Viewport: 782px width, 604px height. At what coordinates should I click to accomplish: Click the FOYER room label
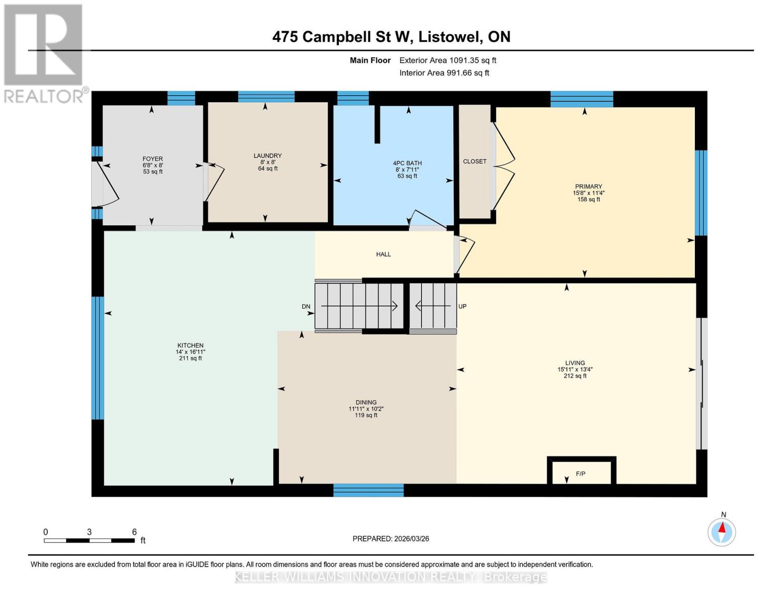pyautogui.click(x=153, y=159)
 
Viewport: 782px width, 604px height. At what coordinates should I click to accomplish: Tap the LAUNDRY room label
pyautogui.click(x=267, y=156)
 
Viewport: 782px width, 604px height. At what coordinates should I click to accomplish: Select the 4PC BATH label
pyautogui.click(x=407, y=163)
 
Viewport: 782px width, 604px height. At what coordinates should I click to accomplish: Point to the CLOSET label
pyautogui.click(x=474, y=162)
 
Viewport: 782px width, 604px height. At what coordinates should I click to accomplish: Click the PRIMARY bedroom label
pyautogui.click(x=589, y=186)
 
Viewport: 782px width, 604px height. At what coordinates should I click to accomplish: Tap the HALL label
pyautogui.click(x=383, y=254)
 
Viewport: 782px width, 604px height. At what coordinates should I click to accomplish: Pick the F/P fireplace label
pyautogui.click(x=580, y=474)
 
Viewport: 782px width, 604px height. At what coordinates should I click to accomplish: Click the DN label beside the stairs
pyautogui.click(x=306, y=307)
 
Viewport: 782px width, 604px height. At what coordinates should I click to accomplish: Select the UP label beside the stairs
pyautogui.click(x=462, y=307)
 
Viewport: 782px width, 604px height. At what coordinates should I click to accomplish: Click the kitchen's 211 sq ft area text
pyautogui.click(x=190, y=358)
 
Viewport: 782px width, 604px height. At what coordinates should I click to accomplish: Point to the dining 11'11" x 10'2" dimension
pyautogui.click(x=366, y=409)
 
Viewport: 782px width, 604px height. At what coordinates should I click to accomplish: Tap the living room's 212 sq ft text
pyautogui.click(x=575, y=376)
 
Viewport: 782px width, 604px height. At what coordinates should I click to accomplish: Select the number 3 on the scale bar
pyautogui.click(x=89, y=532)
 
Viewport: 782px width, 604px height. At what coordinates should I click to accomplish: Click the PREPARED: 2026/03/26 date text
pyautogui.click(x=390, y=539)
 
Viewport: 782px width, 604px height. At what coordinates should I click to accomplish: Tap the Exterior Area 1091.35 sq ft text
pyautogui.click(x=448, y=60)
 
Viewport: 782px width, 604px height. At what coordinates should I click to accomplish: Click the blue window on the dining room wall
pyautogui.click(x=369, y=490)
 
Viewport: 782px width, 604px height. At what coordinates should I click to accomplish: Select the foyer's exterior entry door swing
pyautogui.click(x=106, y=185)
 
